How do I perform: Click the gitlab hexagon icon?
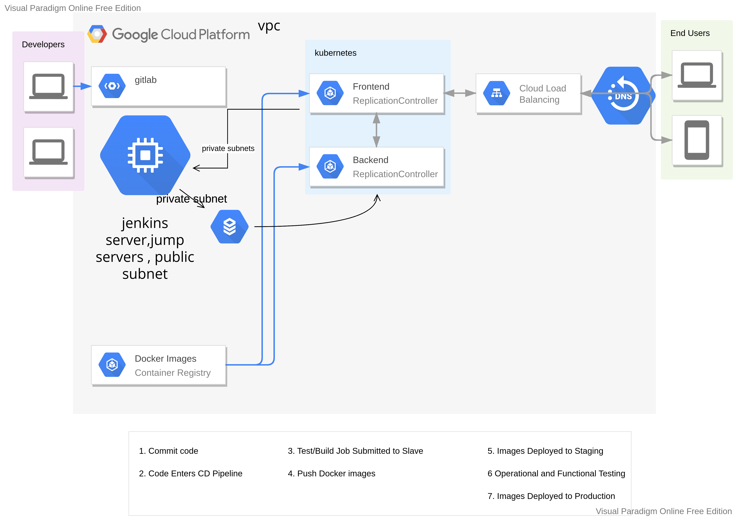112,86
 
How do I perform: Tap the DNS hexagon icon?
623,95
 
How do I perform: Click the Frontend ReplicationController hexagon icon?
330,93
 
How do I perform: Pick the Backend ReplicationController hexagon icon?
330,166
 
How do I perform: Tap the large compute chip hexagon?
145,155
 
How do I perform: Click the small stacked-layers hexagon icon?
230,227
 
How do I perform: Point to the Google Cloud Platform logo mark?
97,34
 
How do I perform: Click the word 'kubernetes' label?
335,53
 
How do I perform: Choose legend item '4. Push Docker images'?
331,473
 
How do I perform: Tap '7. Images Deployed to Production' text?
551,496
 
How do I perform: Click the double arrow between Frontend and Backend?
376,130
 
